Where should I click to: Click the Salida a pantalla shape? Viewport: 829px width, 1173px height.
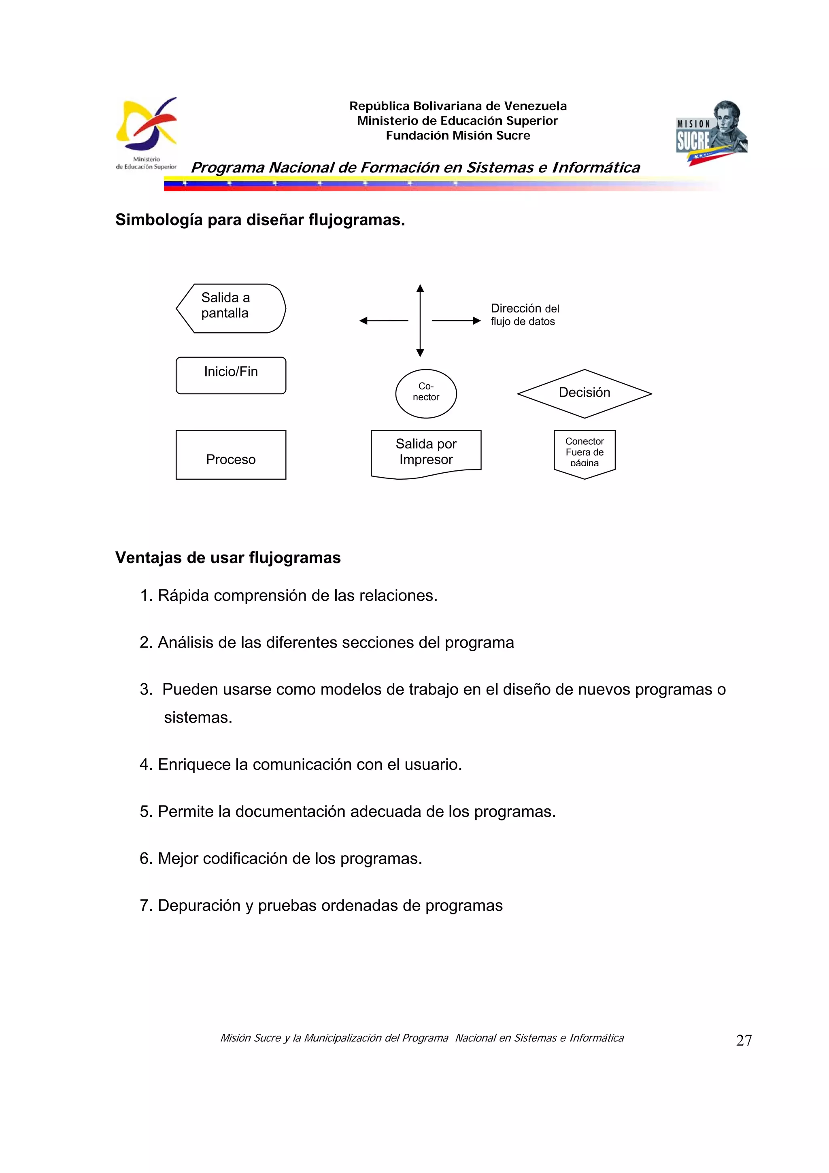[x=231, y=308]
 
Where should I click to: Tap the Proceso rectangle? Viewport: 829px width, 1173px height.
[x=231, y=454]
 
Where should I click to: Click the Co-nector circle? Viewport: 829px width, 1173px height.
[x=426, y=393]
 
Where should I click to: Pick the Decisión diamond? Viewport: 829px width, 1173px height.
[x=585, y=393]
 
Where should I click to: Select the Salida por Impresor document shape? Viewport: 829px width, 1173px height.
[x=426, y=452]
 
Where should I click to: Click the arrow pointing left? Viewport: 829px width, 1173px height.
[x=383, y=321]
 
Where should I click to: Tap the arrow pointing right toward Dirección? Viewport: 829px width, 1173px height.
[x=456, y=321]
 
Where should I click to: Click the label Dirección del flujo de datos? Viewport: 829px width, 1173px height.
[x=524, y=314]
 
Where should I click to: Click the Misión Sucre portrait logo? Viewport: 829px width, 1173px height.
[x=712, y=132]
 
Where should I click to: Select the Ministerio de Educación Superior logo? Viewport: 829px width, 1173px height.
[x=147, y=133]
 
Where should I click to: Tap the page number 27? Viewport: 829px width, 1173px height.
[x=744, y=1040]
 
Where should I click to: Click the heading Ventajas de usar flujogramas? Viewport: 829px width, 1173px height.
[x=228, y=557]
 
